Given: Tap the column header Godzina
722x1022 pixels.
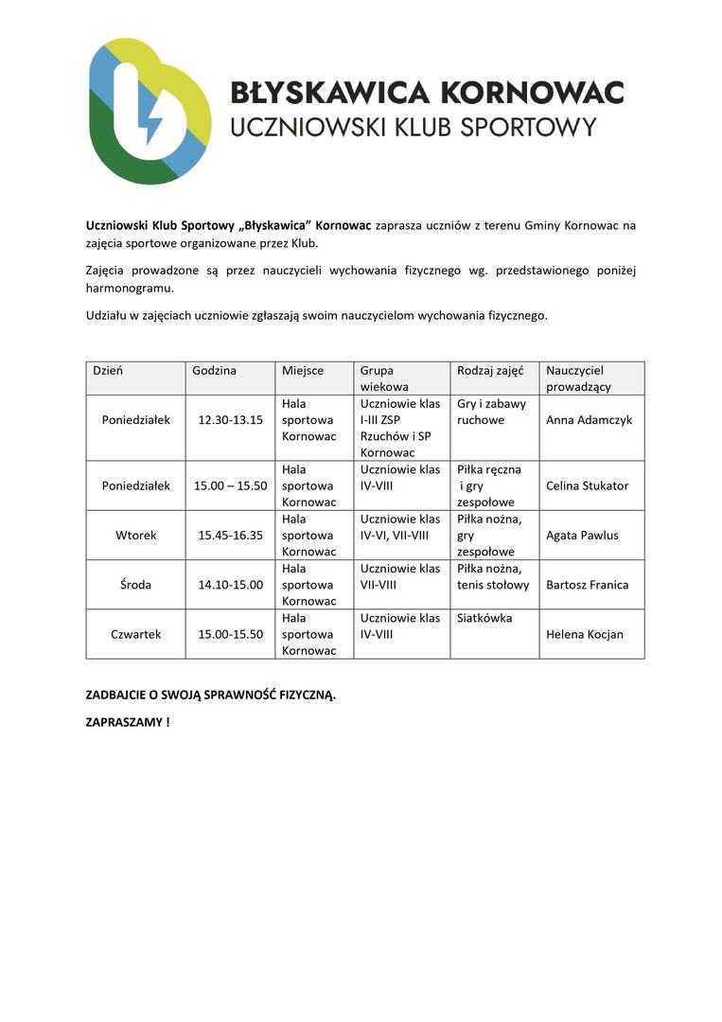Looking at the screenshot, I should click(214, 371).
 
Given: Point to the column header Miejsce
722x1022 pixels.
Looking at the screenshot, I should click(303, 371).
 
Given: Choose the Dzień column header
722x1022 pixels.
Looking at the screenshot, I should click(108, 371).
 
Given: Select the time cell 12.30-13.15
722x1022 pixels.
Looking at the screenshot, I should click(230, 420).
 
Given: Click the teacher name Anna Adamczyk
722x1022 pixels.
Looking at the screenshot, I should click(589, 420).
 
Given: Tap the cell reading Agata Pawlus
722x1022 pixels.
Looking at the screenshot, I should click(582, 536).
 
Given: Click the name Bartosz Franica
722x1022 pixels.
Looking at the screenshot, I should click(587, 585).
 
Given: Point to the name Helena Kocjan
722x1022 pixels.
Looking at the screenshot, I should click(585, 634).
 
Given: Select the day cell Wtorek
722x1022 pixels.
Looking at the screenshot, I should click(136, 536).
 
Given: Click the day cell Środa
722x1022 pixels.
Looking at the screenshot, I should click(136, 585).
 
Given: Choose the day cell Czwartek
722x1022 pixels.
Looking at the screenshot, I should click(136, 634).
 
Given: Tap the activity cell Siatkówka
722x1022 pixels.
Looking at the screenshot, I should click(484, 618).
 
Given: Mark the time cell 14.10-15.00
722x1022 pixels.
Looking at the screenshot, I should click(230, 585).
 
